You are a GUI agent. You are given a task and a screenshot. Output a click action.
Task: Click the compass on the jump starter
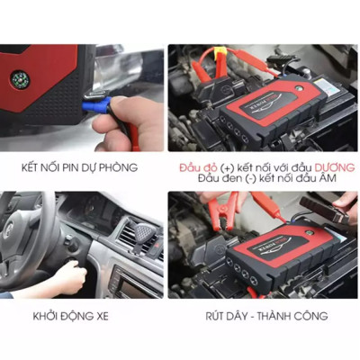20,77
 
